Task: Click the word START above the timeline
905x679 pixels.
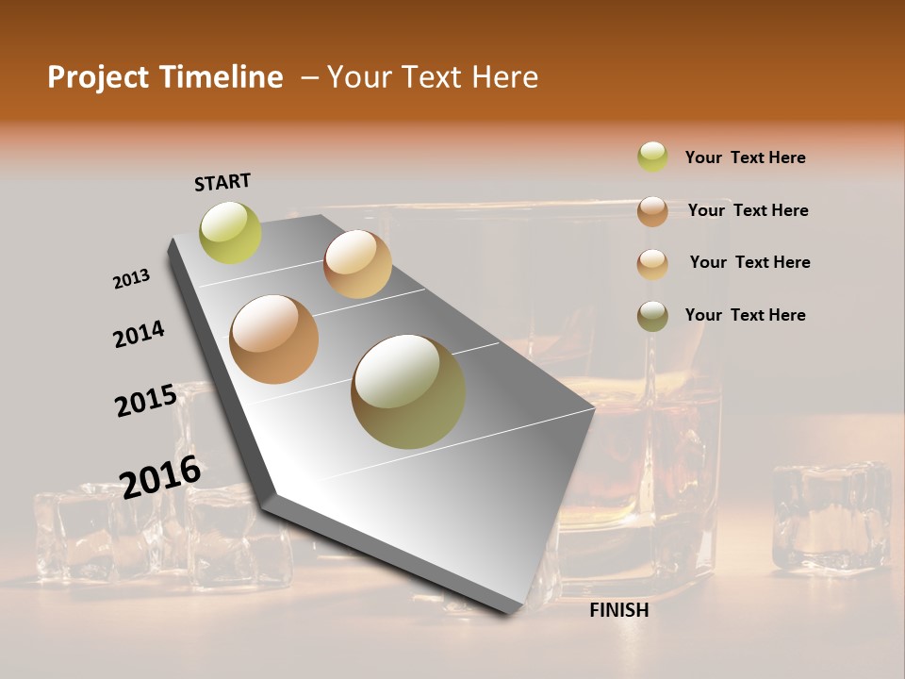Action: point(222,182)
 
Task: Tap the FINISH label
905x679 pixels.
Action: point(619,610)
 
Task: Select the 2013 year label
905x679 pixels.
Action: point(131,279)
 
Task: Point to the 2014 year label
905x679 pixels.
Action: point(139,334)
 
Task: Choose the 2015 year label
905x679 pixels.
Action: point(145,401)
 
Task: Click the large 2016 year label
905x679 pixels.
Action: point(160,477)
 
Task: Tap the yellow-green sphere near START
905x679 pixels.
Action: point(230,232)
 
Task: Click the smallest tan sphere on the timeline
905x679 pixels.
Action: point(357,264)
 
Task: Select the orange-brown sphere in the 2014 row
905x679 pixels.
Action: point(274,339)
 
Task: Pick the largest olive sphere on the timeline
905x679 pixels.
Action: point(408,391)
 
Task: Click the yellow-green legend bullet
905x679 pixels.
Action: point(652,157)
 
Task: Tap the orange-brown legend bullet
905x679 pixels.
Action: point(652,210)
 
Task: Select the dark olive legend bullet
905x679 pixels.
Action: point(652,315)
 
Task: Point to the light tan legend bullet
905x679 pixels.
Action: point(652,263)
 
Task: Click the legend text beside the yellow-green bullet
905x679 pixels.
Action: point(745,157)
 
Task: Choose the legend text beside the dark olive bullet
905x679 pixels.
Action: point(745,315)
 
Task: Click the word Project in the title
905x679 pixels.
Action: point(98,77)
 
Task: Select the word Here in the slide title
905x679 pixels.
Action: point(504,77)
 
